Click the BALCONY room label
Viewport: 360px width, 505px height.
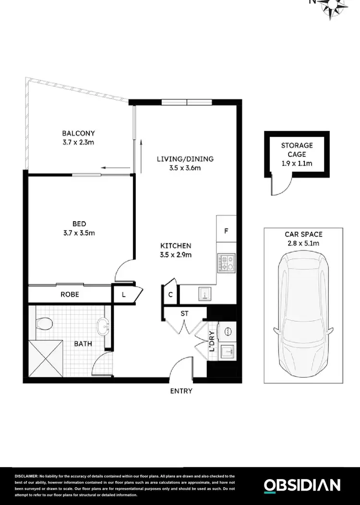click(x=78, y=133)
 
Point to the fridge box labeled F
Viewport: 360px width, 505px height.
click(x=226, y=230)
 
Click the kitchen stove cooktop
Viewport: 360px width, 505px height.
click(x=226, y=263)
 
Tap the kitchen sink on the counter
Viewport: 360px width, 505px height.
click(x=205, y=294)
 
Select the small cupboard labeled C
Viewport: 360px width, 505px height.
click(x=170, y=295)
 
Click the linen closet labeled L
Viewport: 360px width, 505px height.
click(x=123, y=295)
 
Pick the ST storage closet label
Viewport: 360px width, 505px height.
click(x=184, y=313)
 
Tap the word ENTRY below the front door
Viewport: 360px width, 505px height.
click(x=181, y=391)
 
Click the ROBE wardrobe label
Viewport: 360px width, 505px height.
click(x=70, y=295)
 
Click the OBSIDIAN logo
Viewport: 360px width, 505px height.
click(x=302, y=485)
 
